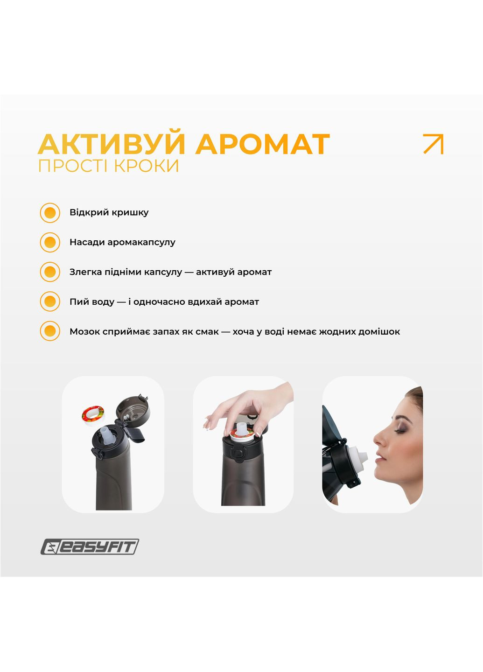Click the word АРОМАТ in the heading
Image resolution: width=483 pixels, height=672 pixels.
click(x=262, y=144)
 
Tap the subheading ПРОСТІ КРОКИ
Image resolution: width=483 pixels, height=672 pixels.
click(x=108, y=166)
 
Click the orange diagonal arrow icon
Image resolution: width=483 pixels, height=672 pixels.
click(x=433, y=144)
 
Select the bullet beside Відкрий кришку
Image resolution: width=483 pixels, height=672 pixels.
click(x=50, y=213)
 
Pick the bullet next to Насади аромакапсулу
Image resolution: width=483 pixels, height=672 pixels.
click(x=50, y=243)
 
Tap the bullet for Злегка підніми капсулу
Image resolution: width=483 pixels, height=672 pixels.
click(x=50, y=272)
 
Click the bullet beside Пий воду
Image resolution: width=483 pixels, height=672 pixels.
click(x=50, y=302)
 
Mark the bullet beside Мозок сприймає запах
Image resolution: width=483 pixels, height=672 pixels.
click(x=50, y=331)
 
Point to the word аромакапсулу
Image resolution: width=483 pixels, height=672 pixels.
click(x=141, y=242)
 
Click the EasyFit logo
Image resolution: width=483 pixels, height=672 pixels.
click(x=90, y=546)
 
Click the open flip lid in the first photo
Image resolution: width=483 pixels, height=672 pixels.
click(x=133, y=410)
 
